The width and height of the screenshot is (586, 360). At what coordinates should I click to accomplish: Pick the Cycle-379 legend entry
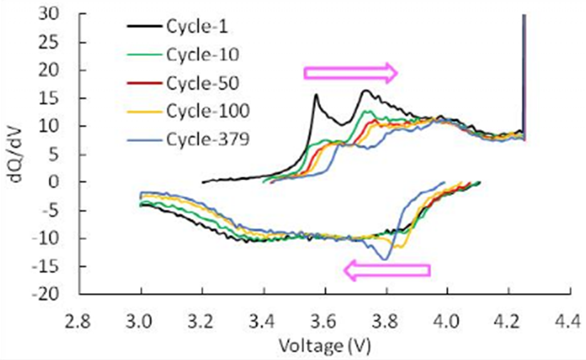[x=200, y=139]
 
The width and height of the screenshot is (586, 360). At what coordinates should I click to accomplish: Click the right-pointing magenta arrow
[x=350, y=73]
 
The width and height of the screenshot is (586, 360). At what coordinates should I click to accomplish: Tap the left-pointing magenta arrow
[x=387, y=270]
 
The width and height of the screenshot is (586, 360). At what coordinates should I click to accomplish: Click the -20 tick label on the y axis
[x=59, y=294]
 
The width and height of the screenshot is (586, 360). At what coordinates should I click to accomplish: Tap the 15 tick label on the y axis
[x=63, y=98]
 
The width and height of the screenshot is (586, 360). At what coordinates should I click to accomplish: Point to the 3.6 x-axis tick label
[x=324, y=322]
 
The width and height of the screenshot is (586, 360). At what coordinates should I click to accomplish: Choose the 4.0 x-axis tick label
[x=447, y=322]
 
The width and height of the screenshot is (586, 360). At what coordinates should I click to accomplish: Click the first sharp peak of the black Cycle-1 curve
[x=316, y=95]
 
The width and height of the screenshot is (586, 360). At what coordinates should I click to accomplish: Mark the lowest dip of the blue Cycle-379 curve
[x=385, y=259]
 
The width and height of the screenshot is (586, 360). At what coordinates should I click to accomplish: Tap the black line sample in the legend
[x=144, y=27]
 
